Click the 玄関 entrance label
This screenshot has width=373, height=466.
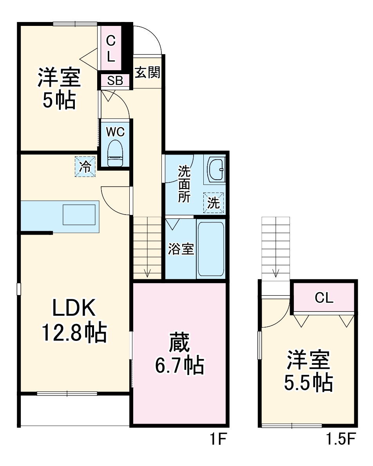coord(147,72)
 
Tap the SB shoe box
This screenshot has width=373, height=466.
coord(115,81)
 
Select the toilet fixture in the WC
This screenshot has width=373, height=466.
coord(116,153)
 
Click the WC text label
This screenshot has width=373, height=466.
coord(116,132)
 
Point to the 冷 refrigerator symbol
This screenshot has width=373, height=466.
coord(85,167)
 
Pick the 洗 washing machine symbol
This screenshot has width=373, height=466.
coord(214,203)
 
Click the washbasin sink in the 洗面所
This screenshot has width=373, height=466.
coord(215,169)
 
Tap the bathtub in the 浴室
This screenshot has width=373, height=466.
coord(210,249)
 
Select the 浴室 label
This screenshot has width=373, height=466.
coord(181,249)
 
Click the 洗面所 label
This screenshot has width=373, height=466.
coord(184,184)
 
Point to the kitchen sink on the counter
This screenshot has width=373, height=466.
coord(79,215)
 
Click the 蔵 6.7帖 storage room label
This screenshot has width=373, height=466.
coord(179,354)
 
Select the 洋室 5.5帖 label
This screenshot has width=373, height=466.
coord(308,371)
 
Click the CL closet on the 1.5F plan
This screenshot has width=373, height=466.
coord(324,298)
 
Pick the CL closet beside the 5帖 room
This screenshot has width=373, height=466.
coord(111,49)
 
